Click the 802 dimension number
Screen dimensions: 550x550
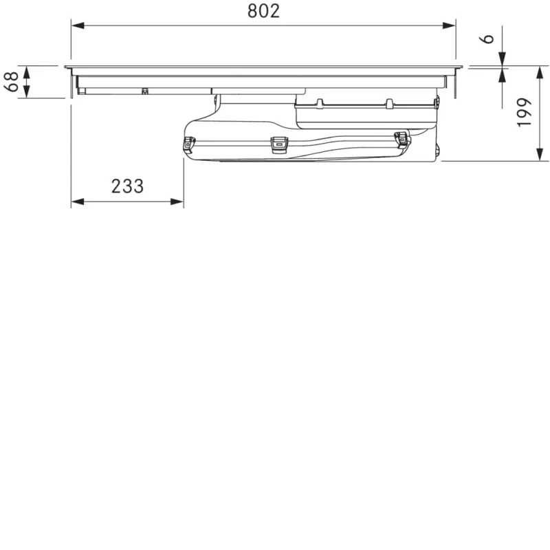click(x=263, y=11)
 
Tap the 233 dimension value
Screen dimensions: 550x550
click(x=127, y=186)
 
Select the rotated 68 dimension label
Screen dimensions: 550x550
click(x=11, y=82)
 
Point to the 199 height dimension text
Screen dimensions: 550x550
click(x=525, y=112)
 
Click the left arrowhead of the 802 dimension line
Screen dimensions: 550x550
click(x=78, y=25)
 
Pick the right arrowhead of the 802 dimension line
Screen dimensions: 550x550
click(x=449, y=25)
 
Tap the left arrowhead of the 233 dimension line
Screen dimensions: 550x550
click(x=78, y=201)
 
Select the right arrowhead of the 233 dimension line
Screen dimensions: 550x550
click(x=177, y=201)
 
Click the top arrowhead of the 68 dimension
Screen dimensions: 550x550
click(x=26, y=72)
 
